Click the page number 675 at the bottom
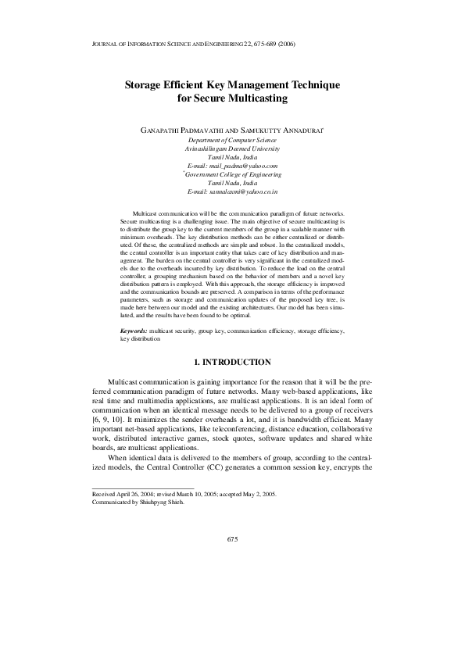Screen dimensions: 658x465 tap(232, 539)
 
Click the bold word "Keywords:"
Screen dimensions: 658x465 tap(134, 331)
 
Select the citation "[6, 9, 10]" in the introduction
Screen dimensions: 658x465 tap(108, 421)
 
